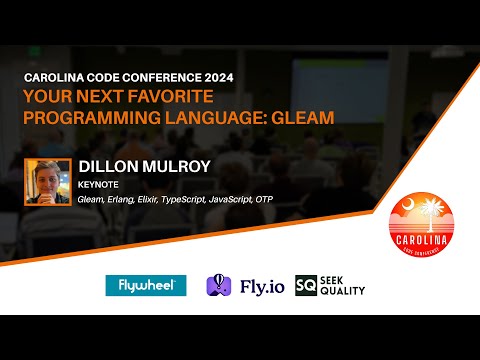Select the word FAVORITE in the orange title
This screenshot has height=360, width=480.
[x=180, y=97]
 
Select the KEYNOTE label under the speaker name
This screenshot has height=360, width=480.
[x=97, y=185]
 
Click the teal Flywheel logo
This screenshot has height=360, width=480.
[x=146, y=286]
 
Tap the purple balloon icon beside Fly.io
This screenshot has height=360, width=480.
[x=219, y=286]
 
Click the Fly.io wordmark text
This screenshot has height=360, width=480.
[x=256, y=286]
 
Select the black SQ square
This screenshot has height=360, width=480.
[x=305, y=286]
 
